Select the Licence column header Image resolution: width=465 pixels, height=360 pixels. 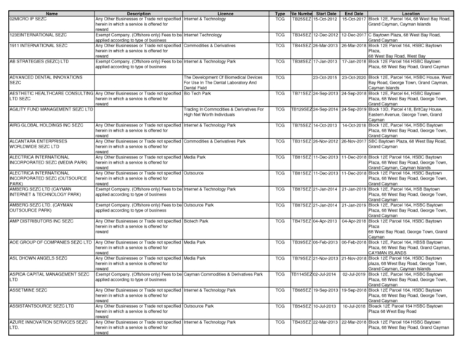(x=225, y=14)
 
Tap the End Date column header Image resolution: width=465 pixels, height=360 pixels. (x=354, y=14)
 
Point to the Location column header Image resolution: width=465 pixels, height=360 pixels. (x=411, y=14)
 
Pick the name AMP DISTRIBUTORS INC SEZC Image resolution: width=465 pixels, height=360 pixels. (x=41, y=220)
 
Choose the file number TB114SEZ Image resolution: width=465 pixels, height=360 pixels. (x=302, y=274)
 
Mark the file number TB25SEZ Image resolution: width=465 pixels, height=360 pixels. (x=302, y=19)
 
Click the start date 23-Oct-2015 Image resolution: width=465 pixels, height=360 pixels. (x=325, y=77)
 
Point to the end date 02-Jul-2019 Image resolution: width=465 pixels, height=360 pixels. (x=354, y=274)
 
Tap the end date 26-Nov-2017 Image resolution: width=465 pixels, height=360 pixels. (x=354, y=141)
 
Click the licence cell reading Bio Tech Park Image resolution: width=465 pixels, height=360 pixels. (x=198, y=93)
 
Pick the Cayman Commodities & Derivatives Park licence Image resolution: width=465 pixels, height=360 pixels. (x=223, y=274)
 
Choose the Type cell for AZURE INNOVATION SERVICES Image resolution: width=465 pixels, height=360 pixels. (x=280, y=321)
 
